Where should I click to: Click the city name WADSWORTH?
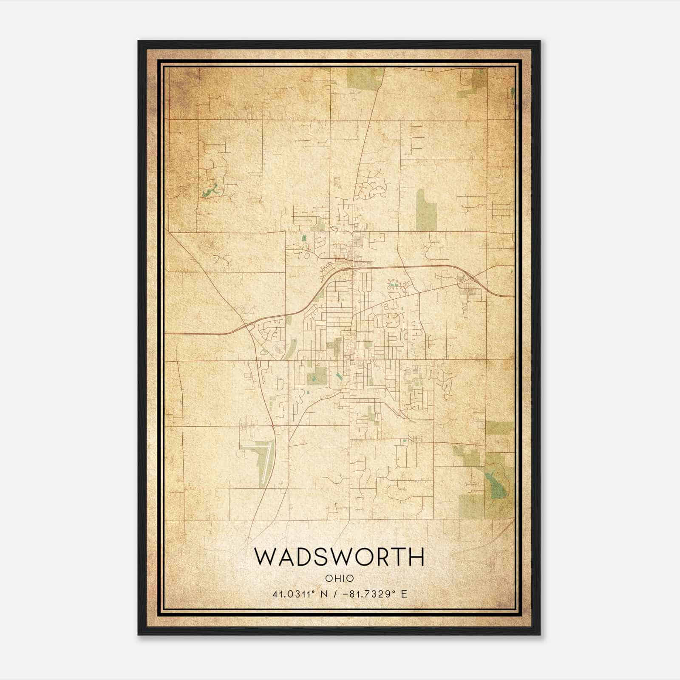point(339,557)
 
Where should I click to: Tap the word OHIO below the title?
point(339,578)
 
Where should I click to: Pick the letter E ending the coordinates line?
point(404,594)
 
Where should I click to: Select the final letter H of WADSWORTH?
point(417,557)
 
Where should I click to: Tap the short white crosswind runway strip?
point(254,446)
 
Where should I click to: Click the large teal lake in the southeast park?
point(496,484)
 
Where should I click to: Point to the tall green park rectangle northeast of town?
point(426,210)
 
